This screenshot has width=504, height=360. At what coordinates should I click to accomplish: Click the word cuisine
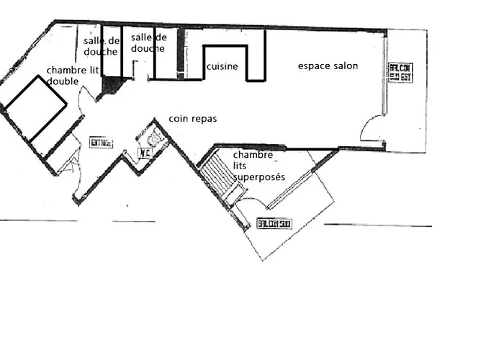pyautogui.click(x=222, y=66)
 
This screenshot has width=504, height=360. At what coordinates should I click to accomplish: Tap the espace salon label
pyautogui.click(x=328, y=66)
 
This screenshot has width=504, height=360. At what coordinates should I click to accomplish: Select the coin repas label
pyautogui.click(x=192, y=118)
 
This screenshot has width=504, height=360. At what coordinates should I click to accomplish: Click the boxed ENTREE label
pyautogui.click(x=102, y=143)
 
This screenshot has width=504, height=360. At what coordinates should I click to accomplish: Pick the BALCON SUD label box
pyautogui.click(x=274, y=223)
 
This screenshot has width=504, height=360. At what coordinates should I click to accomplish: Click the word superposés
pyautogui.click(x=259, y=177)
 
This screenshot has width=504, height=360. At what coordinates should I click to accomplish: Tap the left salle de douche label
pyautogui.click(x=101, y=46)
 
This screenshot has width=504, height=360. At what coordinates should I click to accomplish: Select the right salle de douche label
pyautogui.click(x=149, y=42)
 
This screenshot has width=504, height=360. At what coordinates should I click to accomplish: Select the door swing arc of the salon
pyautogui.click(x=372, y=130)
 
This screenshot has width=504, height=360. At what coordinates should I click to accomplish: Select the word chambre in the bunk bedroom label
pyautogui.click(x=253, y=156)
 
